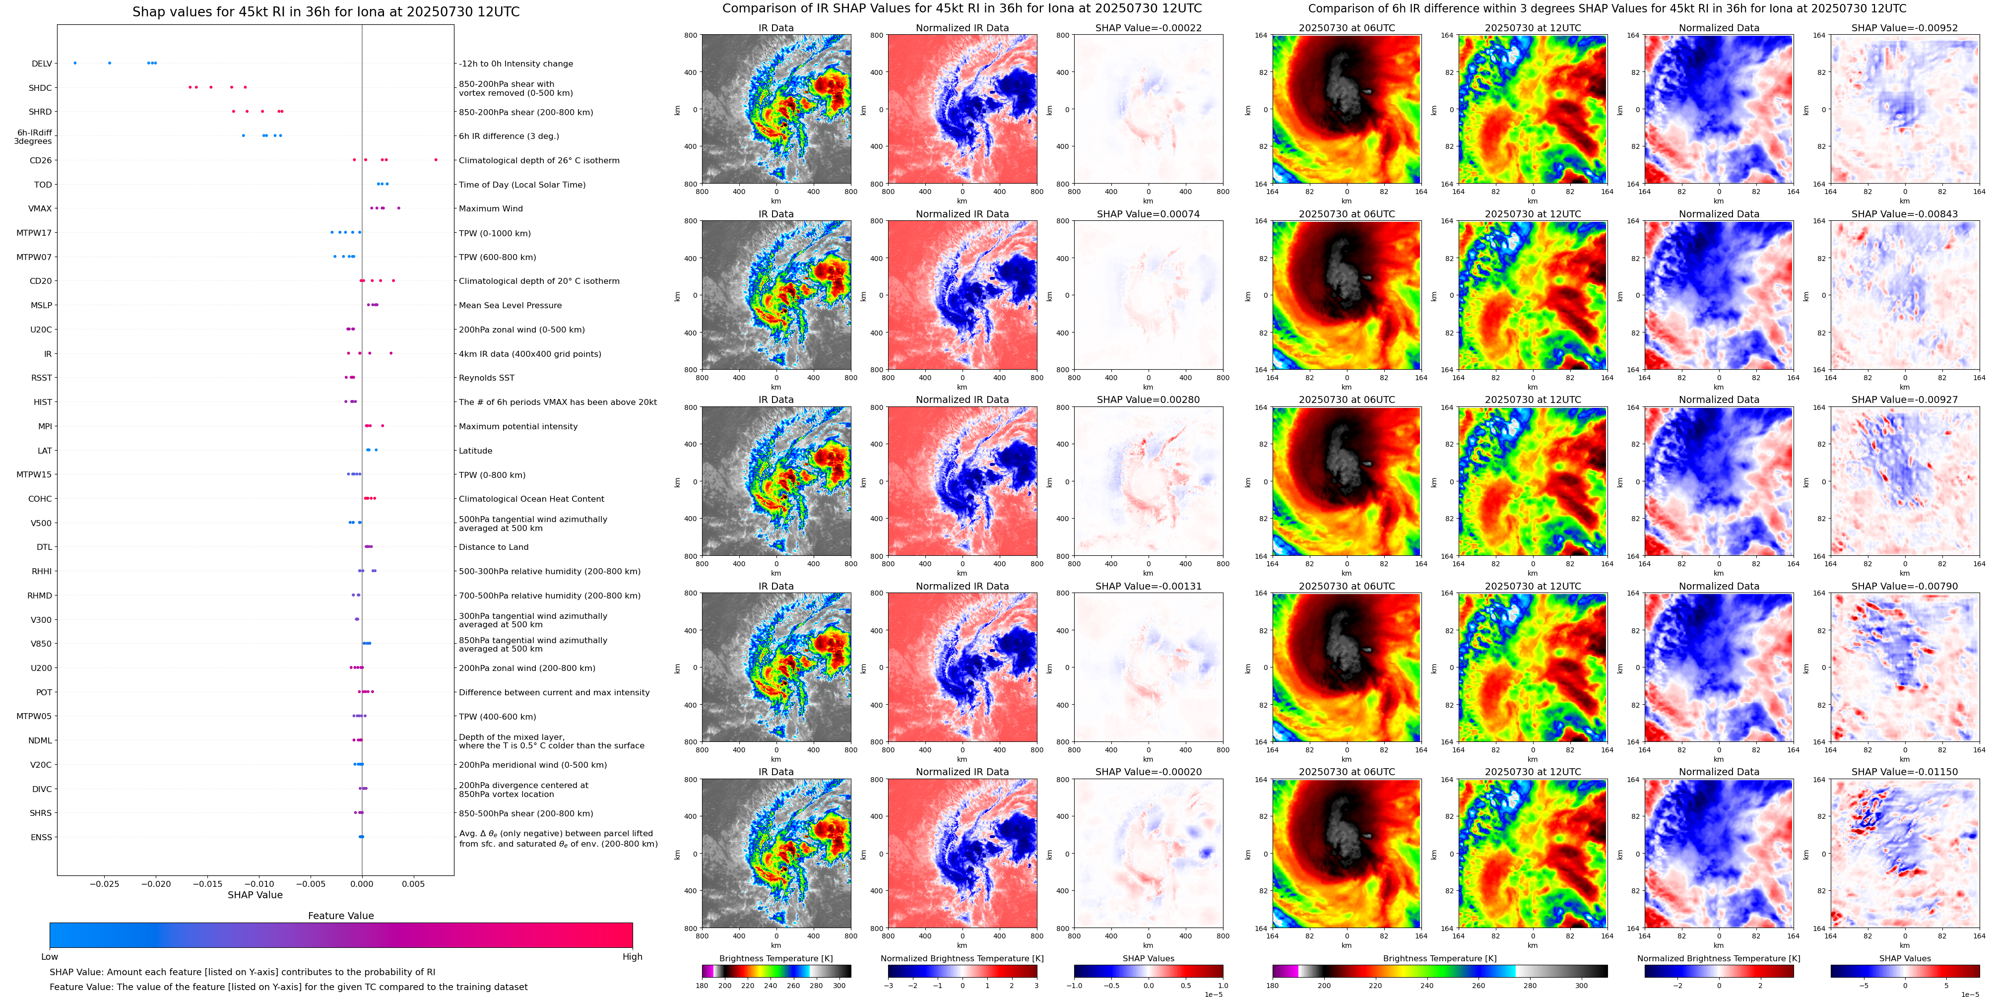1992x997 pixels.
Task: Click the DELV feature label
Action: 42,64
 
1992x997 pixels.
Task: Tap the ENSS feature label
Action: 42,837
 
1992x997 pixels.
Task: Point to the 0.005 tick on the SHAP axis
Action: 413,883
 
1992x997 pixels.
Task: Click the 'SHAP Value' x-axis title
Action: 255,895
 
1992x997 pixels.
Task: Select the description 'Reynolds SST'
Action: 486,378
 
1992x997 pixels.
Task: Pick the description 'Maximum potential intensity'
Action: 518,426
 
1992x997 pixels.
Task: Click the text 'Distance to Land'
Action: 493,547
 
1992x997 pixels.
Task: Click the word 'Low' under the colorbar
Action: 50,957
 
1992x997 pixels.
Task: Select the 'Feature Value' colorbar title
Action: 341,916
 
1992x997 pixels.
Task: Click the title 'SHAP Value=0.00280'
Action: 1149,400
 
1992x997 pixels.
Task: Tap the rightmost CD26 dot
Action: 436,160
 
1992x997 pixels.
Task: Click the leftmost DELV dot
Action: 75,63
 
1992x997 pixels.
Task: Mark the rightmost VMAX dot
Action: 399,208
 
